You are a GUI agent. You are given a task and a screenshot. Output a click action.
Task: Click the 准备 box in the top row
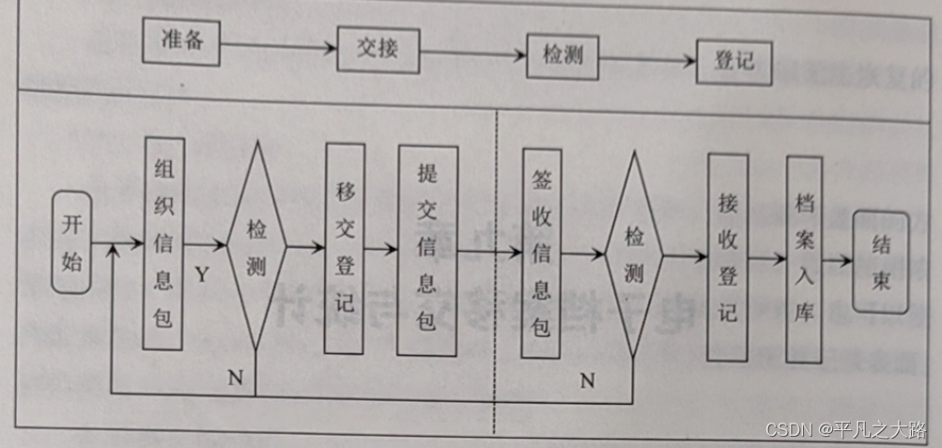point(181,41)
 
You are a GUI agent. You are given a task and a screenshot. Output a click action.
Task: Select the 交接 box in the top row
point(377,47)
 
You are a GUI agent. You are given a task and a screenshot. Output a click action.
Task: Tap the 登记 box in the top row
point(734,62)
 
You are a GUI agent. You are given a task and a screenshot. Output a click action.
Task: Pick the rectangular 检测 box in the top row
point(563,54)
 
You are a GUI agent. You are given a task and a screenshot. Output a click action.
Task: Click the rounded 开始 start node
point(72,241)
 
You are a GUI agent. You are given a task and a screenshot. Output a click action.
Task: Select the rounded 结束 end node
point(881,262)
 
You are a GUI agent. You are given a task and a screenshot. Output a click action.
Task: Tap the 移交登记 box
point(344,249)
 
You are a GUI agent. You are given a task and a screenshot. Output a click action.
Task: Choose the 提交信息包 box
point(426,251)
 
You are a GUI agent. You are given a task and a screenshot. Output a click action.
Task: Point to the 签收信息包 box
point(541,254)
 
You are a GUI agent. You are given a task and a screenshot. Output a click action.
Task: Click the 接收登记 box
point(727,256)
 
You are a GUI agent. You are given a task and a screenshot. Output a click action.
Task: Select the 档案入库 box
point(804,258)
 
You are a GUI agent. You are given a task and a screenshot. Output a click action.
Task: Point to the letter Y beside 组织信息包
point(202,274)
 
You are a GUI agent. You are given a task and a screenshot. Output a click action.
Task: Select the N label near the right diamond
point(587,380)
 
